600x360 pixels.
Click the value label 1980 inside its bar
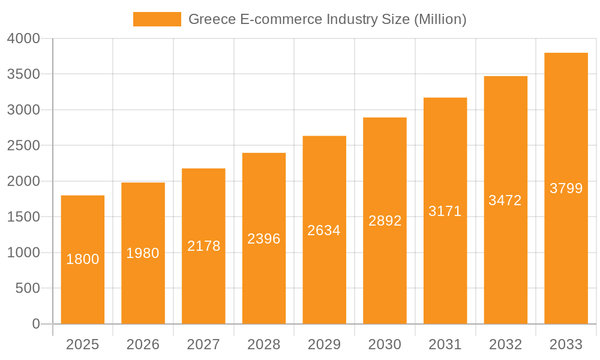(x=143, y=253)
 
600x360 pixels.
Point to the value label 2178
(x=203, y=246)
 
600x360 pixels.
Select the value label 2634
(x=324, y=230)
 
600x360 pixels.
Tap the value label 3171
(x=445, y=211)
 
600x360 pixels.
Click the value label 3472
(x=505, y=200)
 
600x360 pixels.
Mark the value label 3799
(x=566, y=188)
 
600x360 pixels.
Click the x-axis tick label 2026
(x=143, y=344)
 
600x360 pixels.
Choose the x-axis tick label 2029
(x=324, y=344)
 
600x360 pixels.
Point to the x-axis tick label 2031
(x=445, y=344)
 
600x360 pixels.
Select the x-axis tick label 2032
(x=505, y=344)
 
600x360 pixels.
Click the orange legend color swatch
(x=157, y=19)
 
